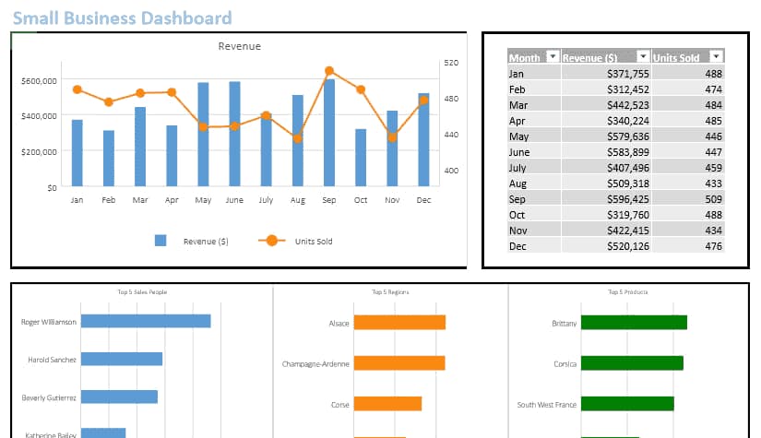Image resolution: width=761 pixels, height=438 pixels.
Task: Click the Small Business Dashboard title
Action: (122, 18)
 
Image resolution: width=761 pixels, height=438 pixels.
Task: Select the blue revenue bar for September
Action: (329, 134)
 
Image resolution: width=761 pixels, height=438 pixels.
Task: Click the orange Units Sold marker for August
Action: (297, 138)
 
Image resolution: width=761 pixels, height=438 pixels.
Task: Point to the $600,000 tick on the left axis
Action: (38, 81)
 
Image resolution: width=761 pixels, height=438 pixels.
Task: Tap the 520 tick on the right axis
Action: (450, 63)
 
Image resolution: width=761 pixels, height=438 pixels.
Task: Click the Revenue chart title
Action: (239, 46)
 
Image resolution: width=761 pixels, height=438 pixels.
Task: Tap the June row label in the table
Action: (519, 152)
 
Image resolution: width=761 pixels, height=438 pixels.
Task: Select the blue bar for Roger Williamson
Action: (146, 321)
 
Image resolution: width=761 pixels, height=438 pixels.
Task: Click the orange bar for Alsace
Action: (399, 323)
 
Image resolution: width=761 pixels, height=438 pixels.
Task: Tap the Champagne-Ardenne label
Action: (315, 364)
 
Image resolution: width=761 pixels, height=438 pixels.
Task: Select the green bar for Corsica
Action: (632, 363)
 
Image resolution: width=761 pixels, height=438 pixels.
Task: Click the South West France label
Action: (547, 405)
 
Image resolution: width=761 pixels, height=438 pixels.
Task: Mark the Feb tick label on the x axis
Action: (109, 200)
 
